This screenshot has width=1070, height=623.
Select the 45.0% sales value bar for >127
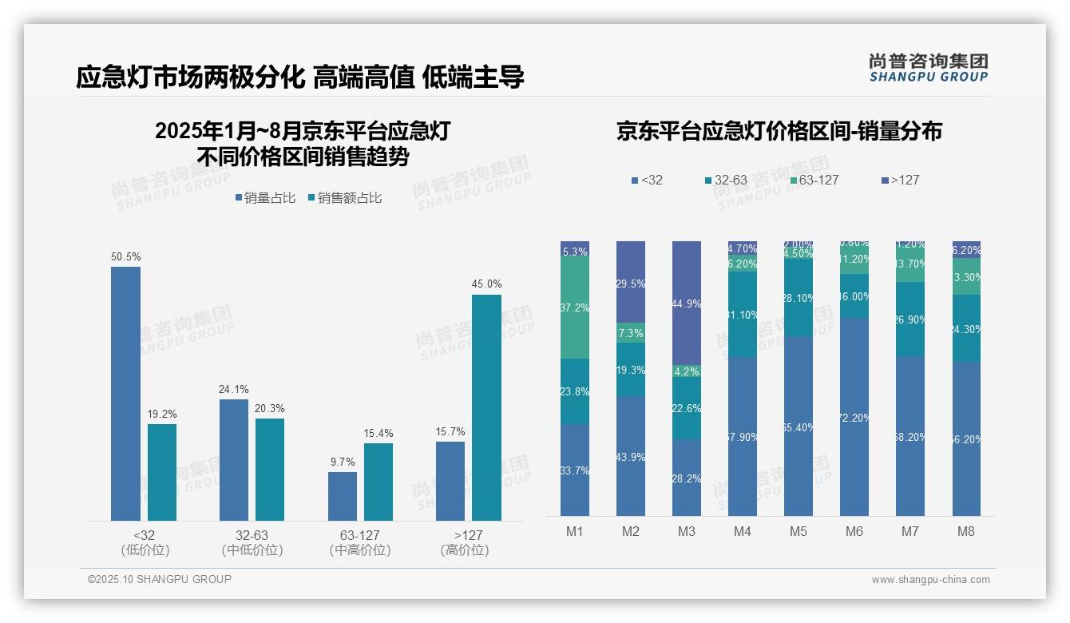[486, 407]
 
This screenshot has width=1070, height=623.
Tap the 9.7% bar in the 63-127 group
[342, 496]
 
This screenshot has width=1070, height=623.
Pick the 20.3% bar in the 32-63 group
[270, 470]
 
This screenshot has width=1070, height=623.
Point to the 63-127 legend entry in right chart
[814, 180]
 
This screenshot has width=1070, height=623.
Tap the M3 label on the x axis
[687, 531]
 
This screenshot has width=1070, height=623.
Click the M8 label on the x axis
[966, 531]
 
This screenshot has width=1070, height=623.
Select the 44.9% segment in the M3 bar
[687, 303]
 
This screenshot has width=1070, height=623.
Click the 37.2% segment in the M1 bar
[575, 308]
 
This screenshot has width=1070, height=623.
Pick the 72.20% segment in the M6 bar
[854, 416]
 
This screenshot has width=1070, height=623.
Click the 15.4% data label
[378, 433]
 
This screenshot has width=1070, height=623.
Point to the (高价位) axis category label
[464, 550]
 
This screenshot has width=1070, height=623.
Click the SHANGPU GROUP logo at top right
[928, 68]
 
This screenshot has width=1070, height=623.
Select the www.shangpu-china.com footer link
[930, 580]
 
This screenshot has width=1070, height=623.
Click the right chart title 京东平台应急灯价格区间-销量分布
[779, 131]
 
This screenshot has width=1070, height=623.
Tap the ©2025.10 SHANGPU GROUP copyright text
[160, 579]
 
